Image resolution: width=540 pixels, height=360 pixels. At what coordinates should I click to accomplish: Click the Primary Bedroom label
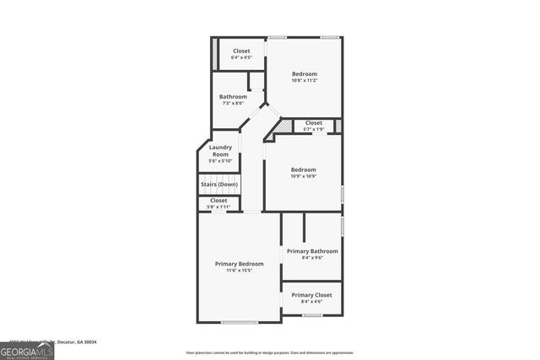[239, 264]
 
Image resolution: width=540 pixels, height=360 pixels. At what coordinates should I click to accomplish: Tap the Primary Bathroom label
[312, 251]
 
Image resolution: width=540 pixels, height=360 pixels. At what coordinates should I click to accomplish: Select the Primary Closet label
[312, 295]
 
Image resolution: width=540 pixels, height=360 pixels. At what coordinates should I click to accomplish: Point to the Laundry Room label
[220, 151]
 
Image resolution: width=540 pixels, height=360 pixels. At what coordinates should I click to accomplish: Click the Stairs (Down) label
[219, 185]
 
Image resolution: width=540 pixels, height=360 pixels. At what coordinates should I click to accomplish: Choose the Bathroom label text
[233, 97]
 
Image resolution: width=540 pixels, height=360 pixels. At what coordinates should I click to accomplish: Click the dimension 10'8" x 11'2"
[305, 80]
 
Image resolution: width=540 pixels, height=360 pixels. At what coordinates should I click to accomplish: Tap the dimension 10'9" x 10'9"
[303, 176]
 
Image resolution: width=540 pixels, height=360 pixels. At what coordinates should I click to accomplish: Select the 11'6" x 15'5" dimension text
[239, 271]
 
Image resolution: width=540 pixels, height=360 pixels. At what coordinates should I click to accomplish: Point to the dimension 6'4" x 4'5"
[241, 58]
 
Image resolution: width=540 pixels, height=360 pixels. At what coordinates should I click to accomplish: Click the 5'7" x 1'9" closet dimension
[313, 130]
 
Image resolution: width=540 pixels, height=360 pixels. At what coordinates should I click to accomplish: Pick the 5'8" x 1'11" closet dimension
[219, 207]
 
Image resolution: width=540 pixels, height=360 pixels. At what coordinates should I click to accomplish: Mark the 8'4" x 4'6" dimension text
[311, 302]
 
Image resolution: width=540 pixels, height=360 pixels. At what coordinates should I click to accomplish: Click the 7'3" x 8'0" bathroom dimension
[233, 104]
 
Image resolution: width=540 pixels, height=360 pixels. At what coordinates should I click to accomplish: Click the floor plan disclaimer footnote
[269, 352]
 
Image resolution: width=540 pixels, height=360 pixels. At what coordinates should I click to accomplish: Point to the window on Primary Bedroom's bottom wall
[239, 321]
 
